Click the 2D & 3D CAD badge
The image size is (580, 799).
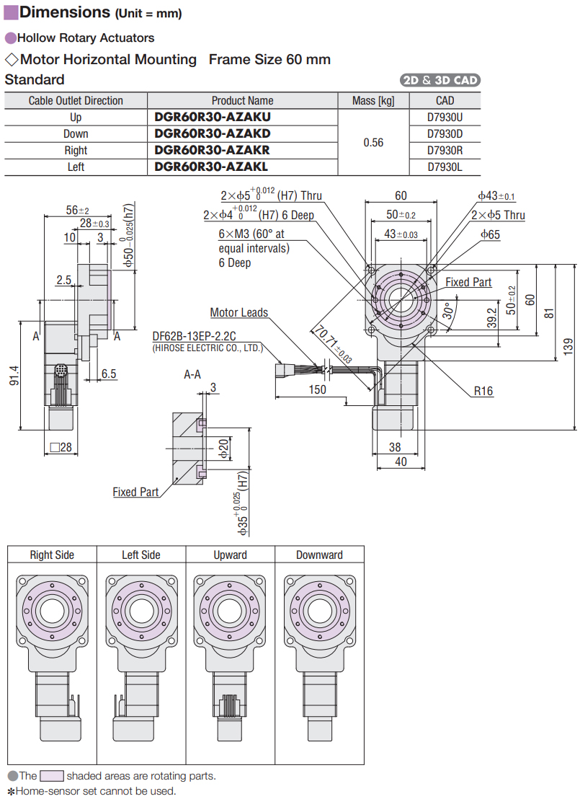click(440, 80)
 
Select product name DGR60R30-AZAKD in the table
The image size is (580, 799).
click(213, 133)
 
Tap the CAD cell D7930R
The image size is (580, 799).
click(445, 150)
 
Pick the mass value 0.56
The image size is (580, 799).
click(373, 143)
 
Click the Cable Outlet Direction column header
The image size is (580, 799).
click(76, 100)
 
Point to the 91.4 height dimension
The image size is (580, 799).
click(14, 375)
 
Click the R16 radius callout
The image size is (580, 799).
click(483, 391)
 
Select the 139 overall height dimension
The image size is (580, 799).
click(568, 347)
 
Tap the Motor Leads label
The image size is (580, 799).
click(238, 312)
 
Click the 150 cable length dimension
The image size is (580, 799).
click(317, 390)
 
